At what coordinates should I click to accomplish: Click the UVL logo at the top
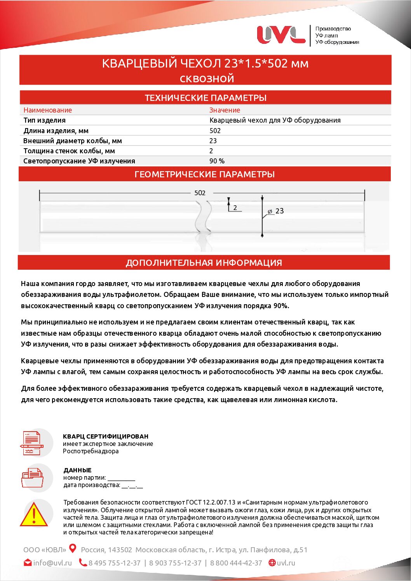[x=281, y=35]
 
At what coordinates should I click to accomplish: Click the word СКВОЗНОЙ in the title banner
[x=207, y=79]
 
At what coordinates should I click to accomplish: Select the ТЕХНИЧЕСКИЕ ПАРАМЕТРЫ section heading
[x=205, y=98]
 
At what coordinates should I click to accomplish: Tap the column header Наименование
[x=47, y=110]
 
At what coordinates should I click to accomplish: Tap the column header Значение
[x=225, y=110]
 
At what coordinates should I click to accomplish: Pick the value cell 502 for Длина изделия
[x=215, y=131]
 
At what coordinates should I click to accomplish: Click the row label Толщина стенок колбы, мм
[x=69, y=151]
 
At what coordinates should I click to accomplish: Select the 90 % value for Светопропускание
[x=217, y=161]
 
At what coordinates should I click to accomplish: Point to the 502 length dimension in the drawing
[x=200, y=193]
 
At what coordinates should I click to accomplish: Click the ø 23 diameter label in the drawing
[x=276, y=211]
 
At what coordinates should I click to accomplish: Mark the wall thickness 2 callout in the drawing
[x=235, y=208]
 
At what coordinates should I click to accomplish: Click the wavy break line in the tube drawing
[x=204, y=217]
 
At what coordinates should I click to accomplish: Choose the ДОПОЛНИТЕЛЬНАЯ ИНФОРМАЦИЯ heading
[x=204, y=263]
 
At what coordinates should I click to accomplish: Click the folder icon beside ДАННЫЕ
[x=32, y=478]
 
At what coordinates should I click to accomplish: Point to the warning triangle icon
[x=34, y=515]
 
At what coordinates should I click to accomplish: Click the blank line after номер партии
[x=121, y=478]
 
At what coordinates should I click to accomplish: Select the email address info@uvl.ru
[x=52, y=563]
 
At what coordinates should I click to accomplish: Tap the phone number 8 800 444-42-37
[x=236, y=563]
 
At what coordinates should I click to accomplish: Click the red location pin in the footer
[x=73, y=548]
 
